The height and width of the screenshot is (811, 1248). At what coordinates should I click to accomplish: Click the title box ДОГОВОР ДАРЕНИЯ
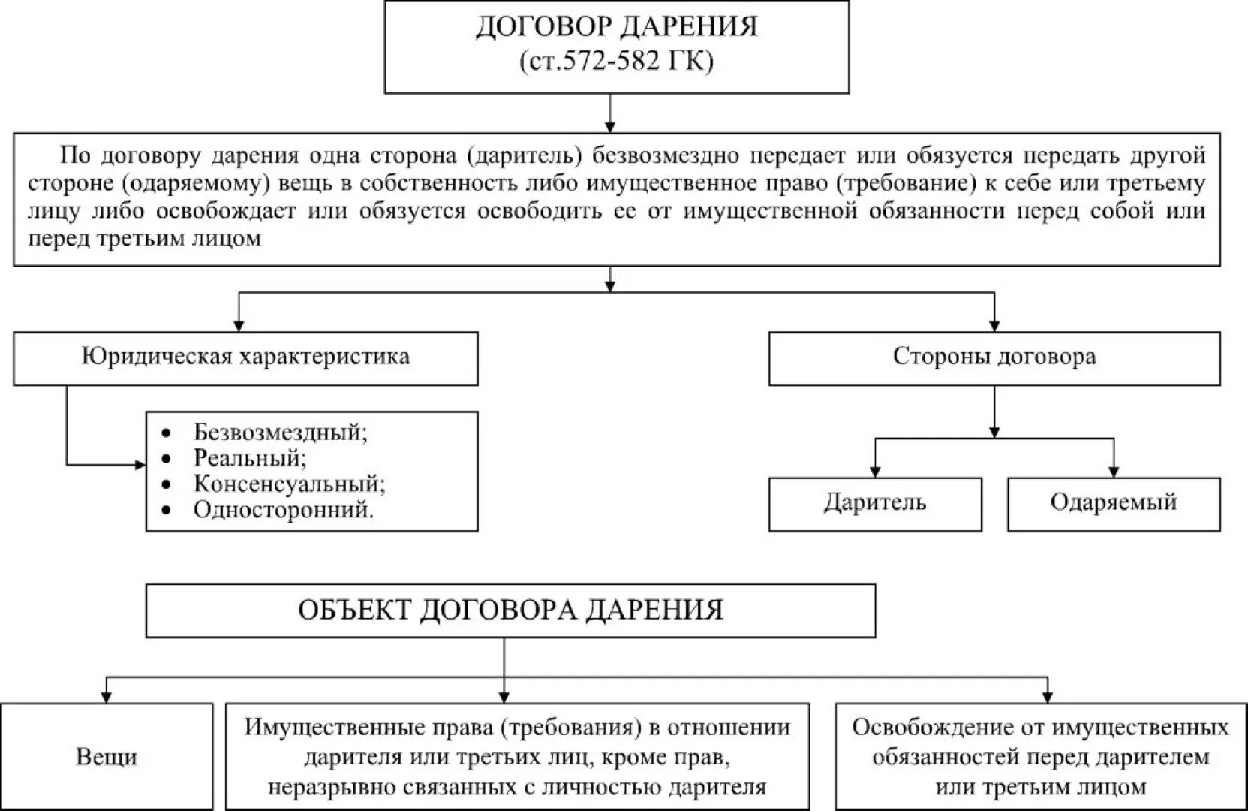tap(616, 27)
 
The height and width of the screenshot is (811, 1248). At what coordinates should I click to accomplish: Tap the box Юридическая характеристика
tap(245, 357)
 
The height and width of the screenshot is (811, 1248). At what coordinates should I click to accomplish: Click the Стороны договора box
tap(994, 357)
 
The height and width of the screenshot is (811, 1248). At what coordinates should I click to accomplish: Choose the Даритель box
tap(875, 502)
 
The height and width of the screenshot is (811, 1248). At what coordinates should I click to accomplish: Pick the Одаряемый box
tap(1113, 502)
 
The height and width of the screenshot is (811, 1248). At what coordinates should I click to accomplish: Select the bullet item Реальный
tap(250, 458)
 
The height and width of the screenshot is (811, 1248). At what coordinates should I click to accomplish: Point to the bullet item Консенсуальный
tap(290, 484)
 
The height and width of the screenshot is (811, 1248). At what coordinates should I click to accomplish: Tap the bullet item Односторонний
tap(284, 510)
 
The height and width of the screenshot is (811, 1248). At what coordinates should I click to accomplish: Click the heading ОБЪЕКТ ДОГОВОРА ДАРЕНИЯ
tap(510, 610)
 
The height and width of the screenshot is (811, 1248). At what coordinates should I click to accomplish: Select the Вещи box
tap(107, 756)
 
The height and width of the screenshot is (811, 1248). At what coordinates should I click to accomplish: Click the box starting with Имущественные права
tap(517, 756)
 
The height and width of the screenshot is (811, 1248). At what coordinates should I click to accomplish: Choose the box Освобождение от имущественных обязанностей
tap(1040, 756)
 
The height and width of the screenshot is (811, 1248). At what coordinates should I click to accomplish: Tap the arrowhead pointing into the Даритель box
tap(875, 472)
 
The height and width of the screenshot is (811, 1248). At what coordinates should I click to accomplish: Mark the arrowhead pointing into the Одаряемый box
tap(1113, 472)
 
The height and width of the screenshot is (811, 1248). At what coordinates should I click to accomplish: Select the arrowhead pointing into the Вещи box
tap(107, 698)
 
